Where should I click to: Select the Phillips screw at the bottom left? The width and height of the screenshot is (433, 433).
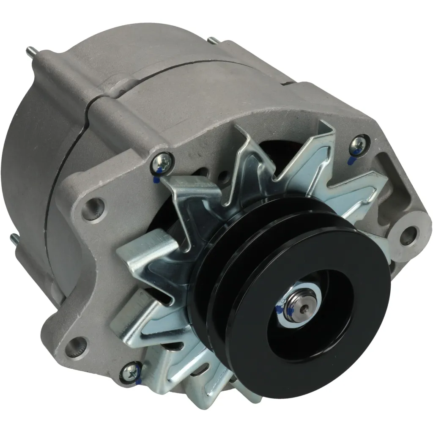pyautogui.click(x=130, y=371)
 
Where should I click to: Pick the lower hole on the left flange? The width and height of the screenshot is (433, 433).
pyautogui.click(x=77, y=345)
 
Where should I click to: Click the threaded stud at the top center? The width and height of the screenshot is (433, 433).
pyautogui.click(x=213, y=41)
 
